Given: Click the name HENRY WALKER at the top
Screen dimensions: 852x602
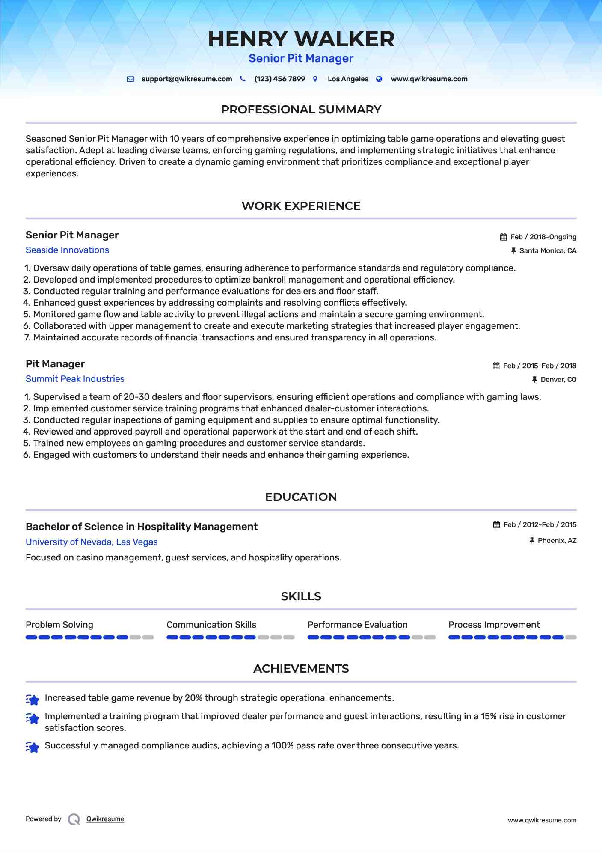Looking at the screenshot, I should point(301,39).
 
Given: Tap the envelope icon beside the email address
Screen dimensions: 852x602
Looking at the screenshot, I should point(130,79).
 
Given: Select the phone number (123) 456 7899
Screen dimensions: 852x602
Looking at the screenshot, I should point(279,79).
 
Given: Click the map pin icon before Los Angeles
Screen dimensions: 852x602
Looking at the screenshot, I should point(315,79).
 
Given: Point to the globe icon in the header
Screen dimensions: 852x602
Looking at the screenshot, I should point(379,79).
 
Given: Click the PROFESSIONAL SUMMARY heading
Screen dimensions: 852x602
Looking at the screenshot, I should point(301,110).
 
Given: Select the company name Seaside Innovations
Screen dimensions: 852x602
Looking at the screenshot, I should point(67,250).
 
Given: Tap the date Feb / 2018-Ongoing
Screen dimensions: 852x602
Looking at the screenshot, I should point(543,237).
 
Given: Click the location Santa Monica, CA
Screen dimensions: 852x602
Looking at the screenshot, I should point(548,251).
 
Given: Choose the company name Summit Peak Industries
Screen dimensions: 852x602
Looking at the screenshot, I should point(75,379).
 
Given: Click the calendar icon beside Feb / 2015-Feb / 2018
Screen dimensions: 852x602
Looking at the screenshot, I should point(496,366).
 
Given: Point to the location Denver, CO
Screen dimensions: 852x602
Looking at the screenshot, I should point(558,380).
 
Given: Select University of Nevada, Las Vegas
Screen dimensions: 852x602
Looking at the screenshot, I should point(92,542).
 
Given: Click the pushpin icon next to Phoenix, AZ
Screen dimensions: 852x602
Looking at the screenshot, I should point(532,541).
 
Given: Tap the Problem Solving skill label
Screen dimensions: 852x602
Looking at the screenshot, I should point(59,625).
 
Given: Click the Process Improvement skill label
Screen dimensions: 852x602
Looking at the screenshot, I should point(494,625).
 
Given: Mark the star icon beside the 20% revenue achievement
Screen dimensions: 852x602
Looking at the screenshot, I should point(33,699).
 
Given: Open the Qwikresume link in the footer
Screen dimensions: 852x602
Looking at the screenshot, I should point(105,819).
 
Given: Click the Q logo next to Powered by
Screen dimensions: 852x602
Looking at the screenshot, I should point(74,819).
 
